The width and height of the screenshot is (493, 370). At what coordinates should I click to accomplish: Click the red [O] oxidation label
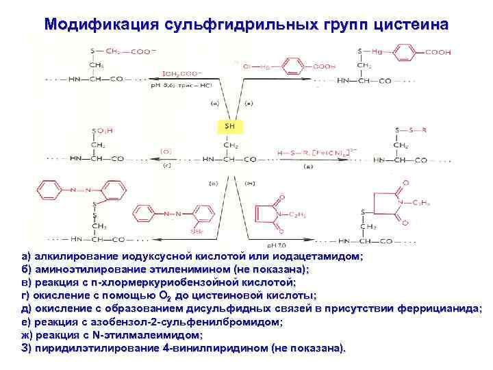[166, 150]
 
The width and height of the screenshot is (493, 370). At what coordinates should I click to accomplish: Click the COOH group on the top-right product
[438, 51]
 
